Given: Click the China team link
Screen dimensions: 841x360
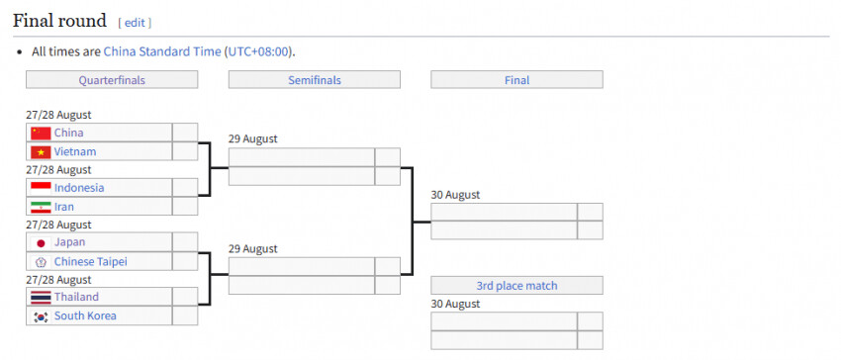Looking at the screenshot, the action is pyautogui.click(x=68, y=133).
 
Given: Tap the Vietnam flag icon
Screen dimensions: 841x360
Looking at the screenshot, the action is pyautogui.click(x=41, y=152).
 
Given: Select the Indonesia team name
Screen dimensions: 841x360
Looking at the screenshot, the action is pyautogui.click(x=79, y=188).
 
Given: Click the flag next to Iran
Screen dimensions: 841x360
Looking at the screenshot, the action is pyautogui.click(x=41, y=207).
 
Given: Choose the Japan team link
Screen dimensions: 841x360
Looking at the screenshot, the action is pyautogui.click(x=69, y=242).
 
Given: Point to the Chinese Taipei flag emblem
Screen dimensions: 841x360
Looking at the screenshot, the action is pyautogui.click(x=41, y=262).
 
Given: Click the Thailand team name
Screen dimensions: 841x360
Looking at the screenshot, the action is pyautogui.click(x=76, y=297).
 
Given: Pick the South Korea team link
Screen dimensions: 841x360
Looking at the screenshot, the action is pyautogui.click(x=85, y=315).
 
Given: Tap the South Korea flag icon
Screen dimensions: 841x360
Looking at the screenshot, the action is pyautogui.click(x=41, y=316).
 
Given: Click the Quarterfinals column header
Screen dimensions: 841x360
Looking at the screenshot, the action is pyautogui.click(x=112, y=80).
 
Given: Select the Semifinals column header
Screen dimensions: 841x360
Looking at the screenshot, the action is pyautogui.click(x=315, y=80).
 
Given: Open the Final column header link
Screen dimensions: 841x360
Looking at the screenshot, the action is pyautogui.click(x=517, y=80).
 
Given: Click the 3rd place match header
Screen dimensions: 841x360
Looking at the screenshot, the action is pyautogui.click(x=517, y=286).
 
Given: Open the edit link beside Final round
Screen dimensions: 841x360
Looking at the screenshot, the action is pyautogui.click(x=135, y=23).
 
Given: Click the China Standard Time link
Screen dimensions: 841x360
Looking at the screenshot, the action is pyautogui.click(x=162, y=52).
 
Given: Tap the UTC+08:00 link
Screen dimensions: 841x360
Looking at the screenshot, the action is pyautogui.click(x=259, y=52).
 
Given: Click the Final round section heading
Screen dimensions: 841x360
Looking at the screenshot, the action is pyautogui.click(x=60, y=21).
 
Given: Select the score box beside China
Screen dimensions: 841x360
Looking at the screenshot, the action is pyautogui.click(x=185, y=133).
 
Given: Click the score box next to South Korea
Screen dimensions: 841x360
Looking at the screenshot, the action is pyautogui.click(x=185, y=315).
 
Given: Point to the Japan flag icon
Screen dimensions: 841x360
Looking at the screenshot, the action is pyautogui.click(x=41, y=243).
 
